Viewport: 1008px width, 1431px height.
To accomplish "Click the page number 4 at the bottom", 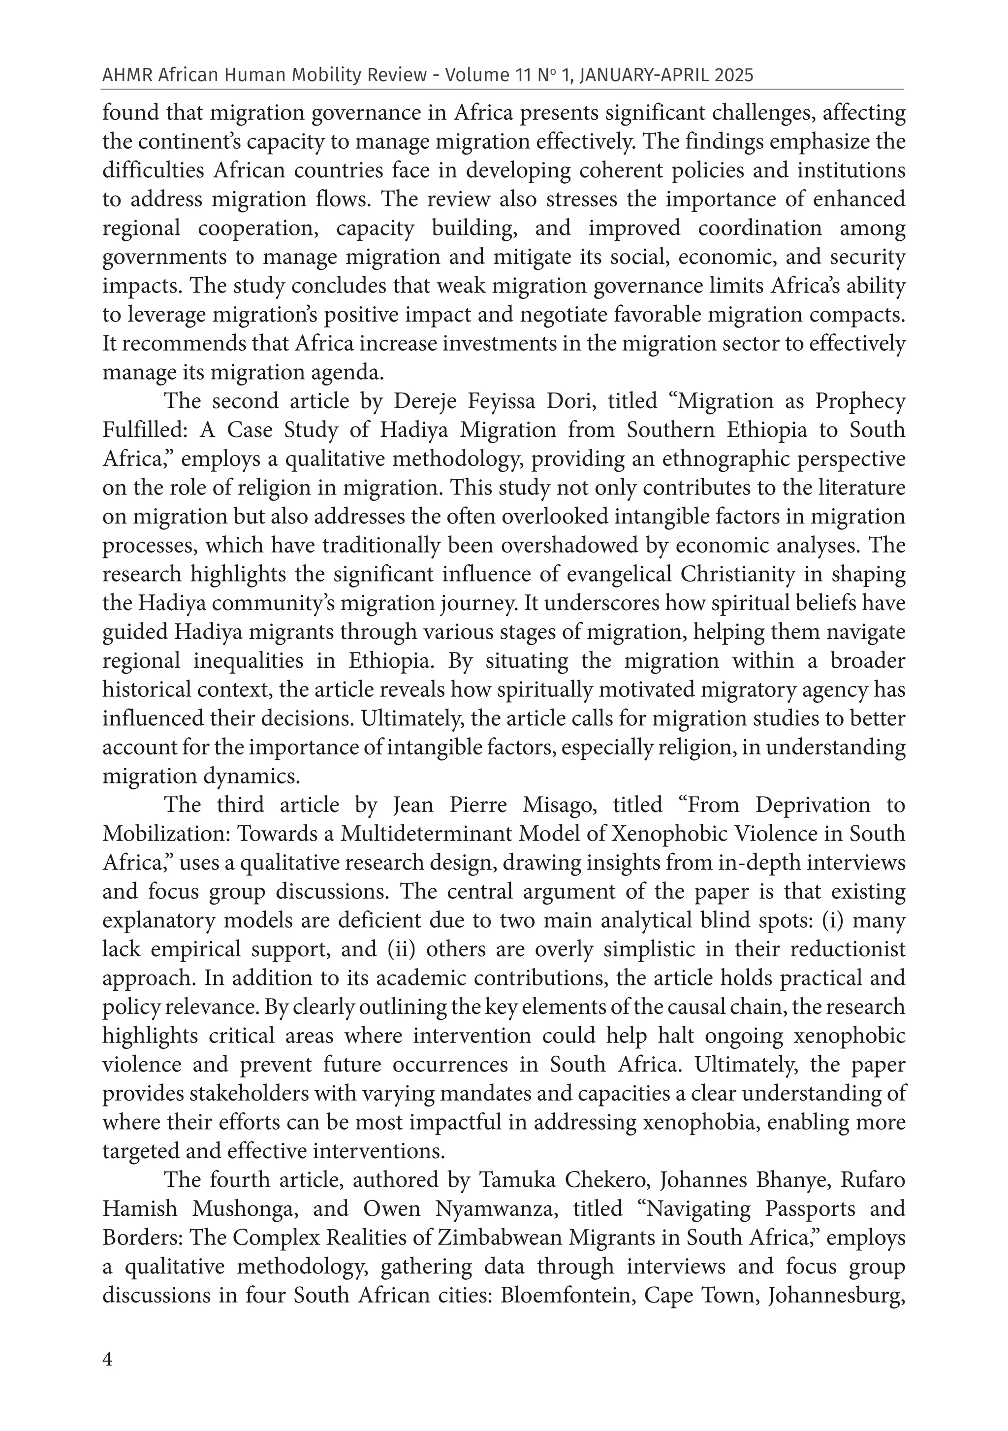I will tap(108, 1359).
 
